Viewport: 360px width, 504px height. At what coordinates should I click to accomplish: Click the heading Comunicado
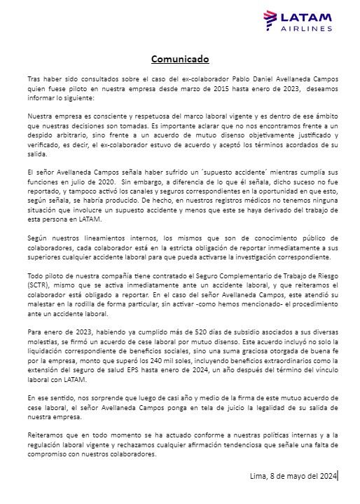180,59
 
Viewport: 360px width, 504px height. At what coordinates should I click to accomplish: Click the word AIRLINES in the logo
306,29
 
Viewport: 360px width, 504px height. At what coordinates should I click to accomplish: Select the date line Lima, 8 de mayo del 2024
293,477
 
